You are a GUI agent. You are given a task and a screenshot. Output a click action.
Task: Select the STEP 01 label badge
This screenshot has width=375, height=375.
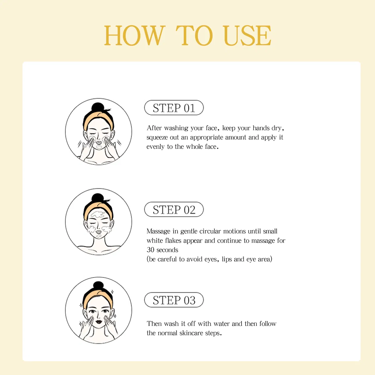pyautogui.click(x=174, y=108)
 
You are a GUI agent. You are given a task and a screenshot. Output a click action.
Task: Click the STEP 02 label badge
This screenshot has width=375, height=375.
pyautogui.click(x=174, y=210)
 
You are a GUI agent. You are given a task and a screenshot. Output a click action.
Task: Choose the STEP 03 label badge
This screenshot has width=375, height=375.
pyautogui.click(x=174, y=300)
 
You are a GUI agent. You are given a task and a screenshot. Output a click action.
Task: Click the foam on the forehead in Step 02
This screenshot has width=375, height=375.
pyautogui.click(x=98, y=214)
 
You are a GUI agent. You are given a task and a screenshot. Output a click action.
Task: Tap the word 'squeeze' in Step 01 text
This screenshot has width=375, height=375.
pyautogui.click(x=157, y=137)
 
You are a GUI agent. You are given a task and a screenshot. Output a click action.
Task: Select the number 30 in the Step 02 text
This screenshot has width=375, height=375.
pyautogui.click(x=150, y=250)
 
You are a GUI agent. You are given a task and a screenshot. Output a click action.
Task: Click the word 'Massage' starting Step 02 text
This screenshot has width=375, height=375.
pyautogui.click(x=158, y=231)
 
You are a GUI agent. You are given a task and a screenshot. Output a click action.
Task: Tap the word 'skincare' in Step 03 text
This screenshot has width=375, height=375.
pyautogui.click(x=192, y=333)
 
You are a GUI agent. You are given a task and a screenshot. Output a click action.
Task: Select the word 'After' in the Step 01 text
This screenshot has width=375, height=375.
pyautogui.click(x=154, y=128)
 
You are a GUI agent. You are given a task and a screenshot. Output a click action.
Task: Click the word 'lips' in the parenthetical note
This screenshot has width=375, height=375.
pyautogui.click(x=227, y=259)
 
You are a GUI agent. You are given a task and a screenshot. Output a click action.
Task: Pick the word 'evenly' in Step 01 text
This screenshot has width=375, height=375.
pyautogui.click(x=155, y=147)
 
